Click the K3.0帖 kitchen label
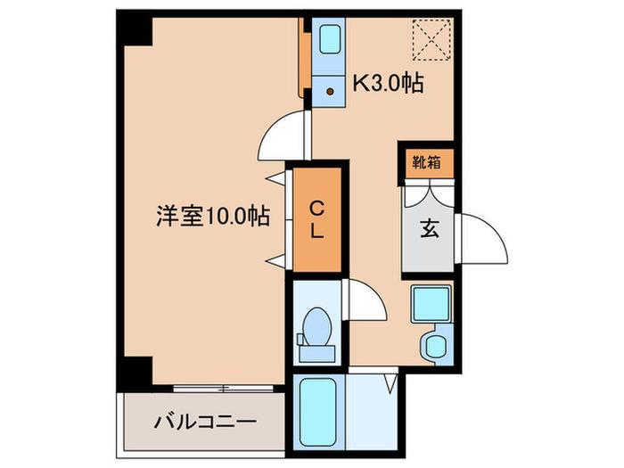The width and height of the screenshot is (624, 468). pos(389,83)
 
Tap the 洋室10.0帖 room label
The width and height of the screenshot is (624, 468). pos(213,216)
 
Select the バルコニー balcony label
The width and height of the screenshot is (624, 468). pos(205,422)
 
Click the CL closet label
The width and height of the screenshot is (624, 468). pos(316,219)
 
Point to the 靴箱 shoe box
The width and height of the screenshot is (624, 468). pos(426,162)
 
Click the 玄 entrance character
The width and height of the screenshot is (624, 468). pos(430,229)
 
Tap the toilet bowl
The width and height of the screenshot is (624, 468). pos(316,326)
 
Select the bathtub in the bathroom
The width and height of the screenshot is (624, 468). pos(317,412)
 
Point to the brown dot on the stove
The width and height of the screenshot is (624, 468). pos(330,92)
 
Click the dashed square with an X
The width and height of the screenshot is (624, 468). pos(431,40)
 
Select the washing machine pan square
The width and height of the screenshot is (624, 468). pos(431,305)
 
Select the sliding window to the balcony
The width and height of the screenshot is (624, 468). pos(224,389)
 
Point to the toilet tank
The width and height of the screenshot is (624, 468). pos(317,354)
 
